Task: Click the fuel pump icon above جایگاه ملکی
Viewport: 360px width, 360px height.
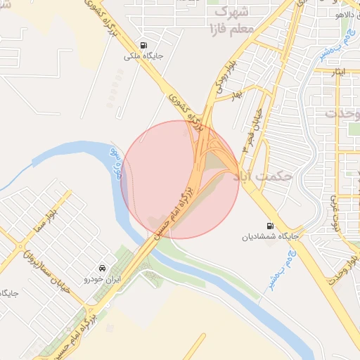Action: click(143, 43)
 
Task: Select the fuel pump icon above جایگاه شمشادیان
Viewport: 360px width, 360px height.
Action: click(269, 226)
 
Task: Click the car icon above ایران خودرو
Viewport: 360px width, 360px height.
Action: click(103, 268)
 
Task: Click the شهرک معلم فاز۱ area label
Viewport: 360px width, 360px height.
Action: click(231, 21)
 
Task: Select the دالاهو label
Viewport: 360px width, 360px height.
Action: click(347, 13)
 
